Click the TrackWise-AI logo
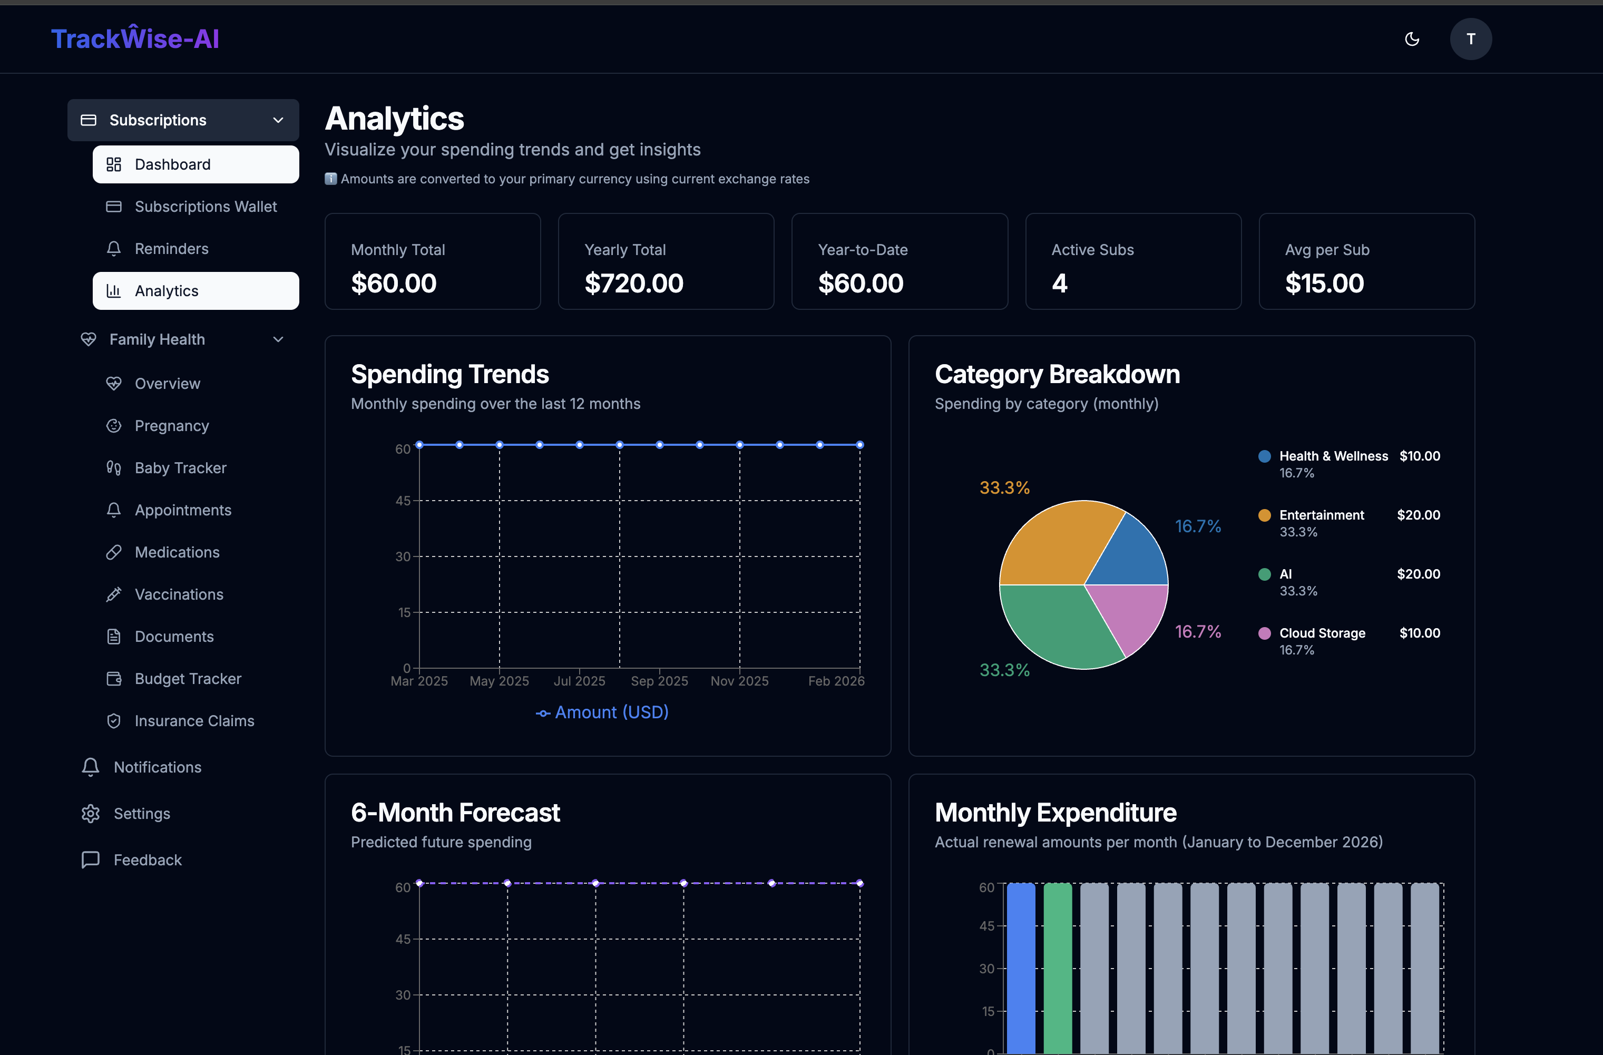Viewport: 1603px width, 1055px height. coord(135,39)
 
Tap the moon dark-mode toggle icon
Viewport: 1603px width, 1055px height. coord(1412,39)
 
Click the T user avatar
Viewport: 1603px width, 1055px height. coord(1470,39)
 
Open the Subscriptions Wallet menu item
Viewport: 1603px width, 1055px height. coord(205,207)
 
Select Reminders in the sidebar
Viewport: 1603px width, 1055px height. coord(171,249)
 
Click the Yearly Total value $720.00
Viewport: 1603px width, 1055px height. coord(633,283)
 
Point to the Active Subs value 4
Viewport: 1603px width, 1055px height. coord(1060,283)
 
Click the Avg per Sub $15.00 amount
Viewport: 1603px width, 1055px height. coord(1324,283)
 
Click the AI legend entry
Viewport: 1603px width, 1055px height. coord(1285,574)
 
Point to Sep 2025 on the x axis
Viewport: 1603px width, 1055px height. coord(659,681)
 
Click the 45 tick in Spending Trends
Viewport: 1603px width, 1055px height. coord(403,501)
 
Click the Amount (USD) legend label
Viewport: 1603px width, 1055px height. coord(611,712)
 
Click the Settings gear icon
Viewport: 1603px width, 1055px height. coord(90,814)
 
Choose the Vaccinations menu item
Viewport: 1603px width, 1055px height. coord(179,594)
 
